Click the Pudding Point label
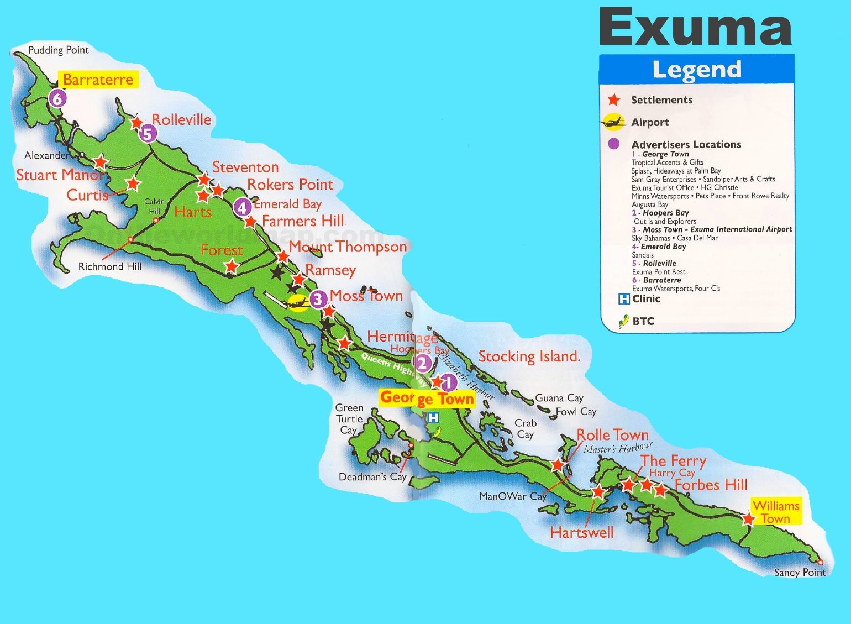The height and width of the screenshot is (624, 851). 58,50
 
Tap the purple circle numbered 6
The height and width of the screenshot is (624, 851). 57,99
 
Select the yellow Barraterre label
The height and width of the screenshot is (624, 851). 98,80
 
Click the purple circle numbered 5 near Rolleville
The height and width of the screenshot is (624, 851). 148,134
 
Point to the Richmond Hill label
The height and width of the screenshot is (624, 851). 109,266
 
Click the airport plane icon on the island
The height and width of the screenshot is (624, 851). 298,302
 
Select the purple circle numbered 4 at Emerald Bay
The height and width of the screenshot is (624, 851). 242,208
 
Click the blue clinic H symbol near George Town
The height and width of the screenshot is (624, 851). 433,418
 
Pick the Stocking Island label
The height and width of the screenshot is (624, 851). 529,356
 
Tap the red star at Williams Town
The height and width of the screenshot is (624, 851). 748,519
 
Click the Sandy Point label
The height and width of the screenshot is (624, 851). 799,573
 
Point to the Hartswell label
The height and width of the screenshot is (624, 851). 582,532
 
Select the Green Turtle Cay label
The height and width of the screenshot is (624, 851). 349,419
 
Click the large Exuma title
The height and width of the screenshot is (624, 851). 695,28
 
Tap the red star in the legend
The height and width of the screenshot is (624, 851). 613,100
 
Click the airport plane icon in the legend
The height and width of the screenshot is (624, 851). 613,122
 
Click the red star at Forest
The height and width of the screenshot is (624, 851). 231,267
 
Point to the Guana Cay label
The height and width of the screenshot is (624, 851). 559,398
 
